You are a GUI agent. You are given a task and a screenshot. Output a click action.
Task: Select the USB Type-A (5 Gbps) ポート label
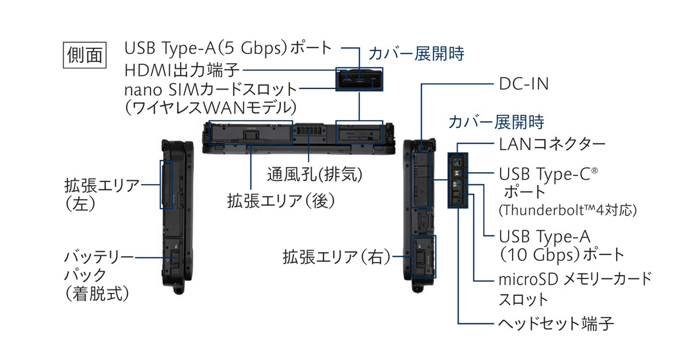[228, 48]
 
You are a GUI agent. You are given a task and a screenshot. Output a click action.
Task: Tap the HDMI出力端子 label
[183, 69]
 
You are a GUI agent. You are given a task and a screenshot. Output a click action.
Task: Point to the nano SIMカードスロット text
[211, 90]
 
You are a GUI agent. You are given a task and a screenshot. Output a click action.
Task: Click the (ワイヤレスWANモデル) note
[211, 107]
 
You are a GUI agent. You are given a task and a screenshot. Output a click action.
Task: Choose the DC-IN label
[524, 84]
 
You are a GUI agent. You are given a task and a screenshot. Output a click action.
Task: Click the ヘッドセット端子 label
[556, 324]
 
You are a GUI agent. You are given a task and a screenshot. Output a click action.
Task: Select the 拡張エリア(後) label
[281, 200]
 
